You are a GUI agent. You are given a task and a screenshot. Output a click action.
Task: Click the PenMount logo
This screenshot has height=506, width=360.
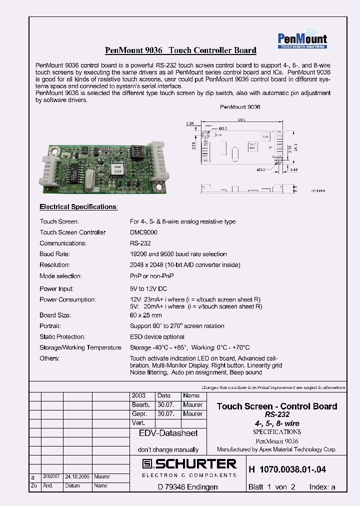(x=302, y=39)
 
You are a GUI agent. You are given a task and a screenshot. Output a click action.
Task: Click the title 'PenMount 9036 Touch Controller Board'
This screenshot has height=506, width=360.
(x=180, y=50)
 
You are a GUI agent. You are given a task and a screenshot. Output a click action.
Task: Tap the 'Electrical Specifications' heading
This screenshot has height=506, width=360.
(x=78, y=206)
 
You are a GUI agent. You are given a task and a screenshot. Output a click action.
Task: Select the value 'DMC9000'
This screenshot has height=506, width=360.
(x=143, y=232)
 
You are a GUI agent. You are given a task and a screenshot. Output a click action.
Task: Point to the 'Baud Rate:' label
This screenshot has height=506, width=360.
(x=54, y=254)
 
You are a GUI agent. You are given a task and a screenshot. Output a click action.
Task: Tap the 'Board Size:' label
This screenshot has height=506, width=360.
(x=55, y=315)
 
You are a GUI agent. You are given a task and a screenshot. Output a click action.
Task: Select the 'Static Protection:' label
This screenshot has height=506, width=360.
(x=62, y=337)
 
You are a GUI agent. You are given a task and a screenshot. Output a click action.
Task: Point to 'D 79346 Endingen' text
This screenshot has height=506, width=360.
(x=187, y=486)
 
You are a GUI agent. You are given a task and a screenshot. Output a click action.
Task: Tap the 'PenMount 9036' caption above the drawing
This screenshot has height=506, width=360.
(x=240, y=107)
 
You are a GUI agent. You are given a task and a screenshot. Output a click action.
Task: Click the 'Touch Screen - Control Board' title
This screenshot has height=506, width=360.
(x=276, y=406)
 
